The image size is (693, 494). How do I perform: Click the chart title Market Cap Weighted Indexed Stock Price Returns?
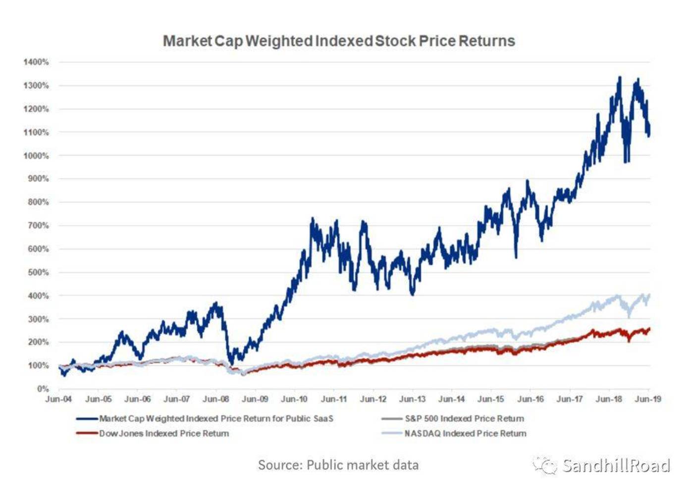pyautogui.click(x=339, y=41)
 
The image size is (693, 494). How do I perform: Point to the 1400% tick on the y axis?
pyautogui.click(x=36, y=62)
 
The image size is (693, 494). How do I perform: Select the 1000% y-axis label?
pyautogui.click(x=36, y=155)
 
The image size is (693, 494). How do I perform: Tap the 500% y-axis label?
pyautogui.click(x=38, y=272)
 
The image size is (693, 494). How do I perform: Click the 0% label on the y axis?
pyautogui.click(x=43, y=389)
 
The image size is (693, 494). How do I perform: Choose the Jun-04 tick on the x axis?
pyautogui.click(x=58, y=399)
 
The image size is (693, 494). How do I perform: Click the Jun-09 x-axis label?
pyautogui.click(x=255, y=399)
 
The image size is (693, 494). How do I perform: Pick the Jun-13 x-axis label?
pyautogui.click(x=412, y=399)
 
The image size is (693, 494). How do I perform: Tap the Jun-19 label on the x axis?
pyautogui.click(x=648, y=399)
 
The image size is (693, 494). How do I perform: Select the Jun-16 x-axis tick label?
pyautogui.click(x=530, y=399)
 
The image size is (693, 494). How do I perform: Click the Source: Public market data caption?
pyautogui.click(x=338, y=465)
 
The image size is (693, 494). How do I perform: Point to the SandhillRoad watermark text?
pyautogui.click(x=616, y=466)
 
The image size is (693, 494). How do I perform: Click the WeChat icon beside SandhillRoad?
pyautogui.click(x=545, y=466)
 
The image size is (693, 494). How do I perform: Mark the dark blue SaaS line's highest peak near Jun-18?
pyautogui.click(x=619, y=78)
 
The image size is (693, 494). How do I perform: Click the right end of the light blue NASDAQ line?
pyautogui.click(x=649, y=295)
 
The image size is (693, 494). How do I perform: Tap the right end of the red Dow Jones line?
pyautogui.click(x=649, y=329)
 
